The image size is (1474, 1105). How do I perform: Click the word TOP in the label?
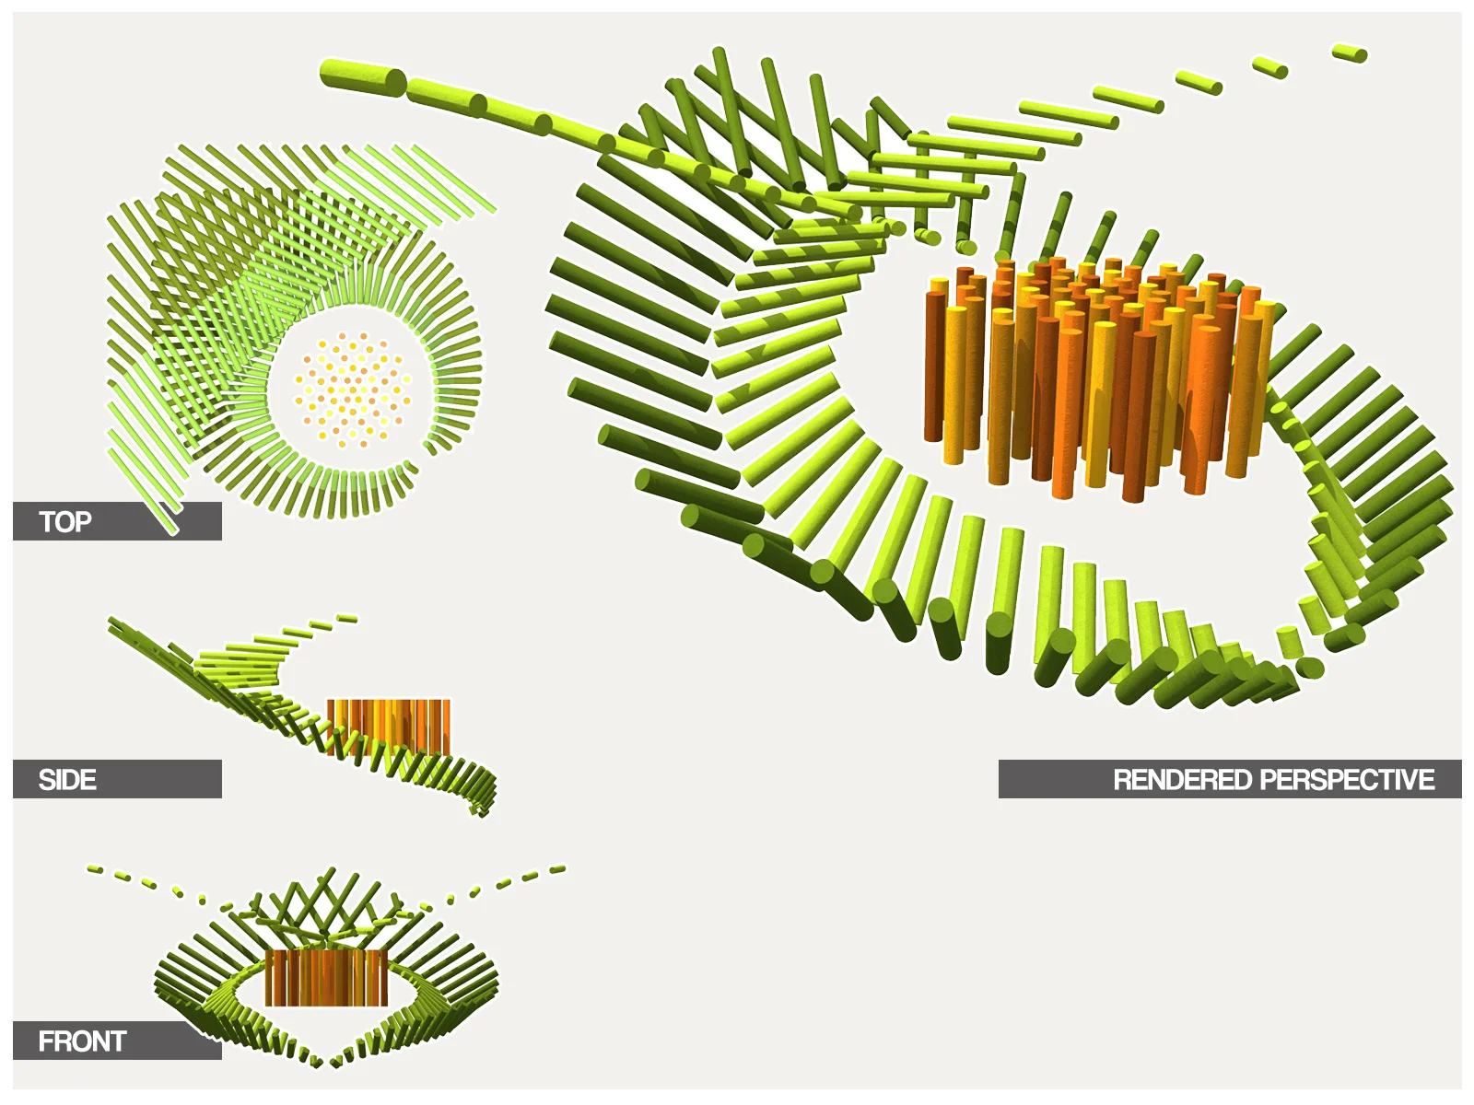(x=65, y=522)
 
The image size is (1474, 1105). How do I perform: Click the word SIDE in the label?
(x=67, y=780)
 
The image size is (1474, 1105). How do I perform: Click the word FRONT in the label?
(x=82, y=1041)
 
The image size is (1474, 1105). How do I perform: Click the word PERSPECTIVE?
(x=1348, y=780)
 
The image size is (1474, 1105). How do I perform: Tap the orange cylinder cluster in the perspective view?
(x=1096, y=378)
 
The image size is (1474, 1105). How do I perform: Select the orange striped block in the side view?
(x=389, y=725)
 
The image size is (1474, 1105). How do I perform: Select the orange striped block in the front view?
(x=326, y=978)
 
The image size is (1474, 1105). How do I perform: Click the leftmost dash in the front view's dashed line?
(x=95, y=868)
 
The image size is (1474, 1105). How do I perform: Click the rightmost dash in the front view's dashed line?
(x=557, y=868)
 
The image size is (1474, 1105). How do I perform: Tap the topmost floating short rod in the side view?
(x=346, y=619)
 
